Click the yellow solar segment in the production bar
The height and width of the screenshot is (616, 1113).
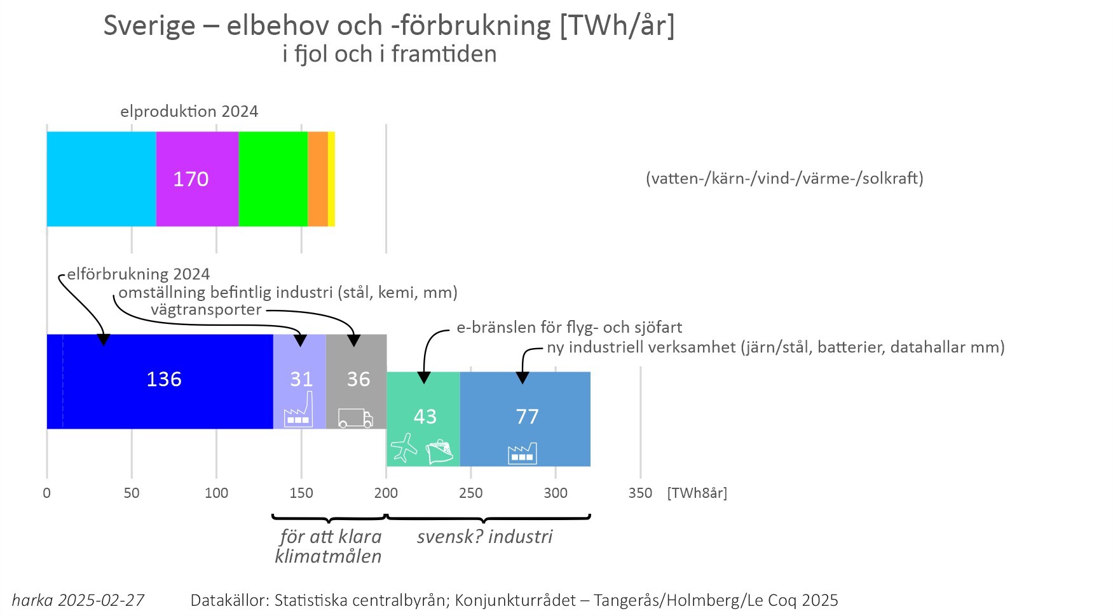(x=331, y=179)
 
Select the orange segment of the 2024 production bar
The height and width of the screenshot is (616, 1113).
(x=318, y=179)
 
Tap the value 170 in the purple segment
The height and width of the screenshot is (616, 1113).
(x=191, y=179)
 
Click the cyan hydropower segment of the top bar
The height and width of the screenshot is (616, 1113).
(x=101, y=179)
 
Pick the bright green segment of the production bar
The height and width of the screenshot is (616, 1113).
(x=273, y=179)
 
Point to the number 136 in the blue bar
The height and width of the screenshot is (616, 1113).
(x=164, y=379)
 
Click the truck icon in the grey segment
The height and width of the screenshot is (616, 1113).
(x=355, y=418)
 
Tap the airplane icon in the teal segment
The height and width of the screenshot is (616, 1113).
(x=404, y=448)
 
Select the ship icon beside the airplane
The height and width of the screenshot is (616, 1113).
(x=439, y=452)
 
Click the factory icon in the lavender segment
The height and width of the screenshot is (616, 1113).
(x=299, y=411)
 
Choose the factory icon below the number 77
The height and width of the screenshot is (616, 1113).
(x=522, y=453)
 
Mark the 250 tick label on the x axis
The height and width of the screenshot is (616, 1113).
(x=471, y=493)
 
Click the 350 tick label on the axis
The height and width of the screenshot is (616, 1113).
(x=640, y=493)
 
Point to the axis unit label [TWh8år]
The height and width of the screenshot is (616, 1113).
(x=697, y=493)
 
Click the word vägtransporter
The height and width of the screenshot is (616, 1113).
(x=206, y=310)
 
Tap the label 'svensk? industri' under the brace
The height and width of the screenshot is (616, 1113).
(x=484, y=537)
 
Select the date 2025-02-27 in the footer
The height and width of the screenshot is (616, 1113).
(x=101, y=600)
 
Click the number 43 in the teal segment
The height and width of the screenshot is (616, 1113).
(x=425, y=417)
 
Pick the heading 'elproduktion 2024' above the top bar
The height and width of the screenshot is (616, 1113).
(x=189, y=112)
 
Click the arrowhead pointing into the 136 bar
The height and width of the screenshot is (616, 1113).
(x=104, y=340)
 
